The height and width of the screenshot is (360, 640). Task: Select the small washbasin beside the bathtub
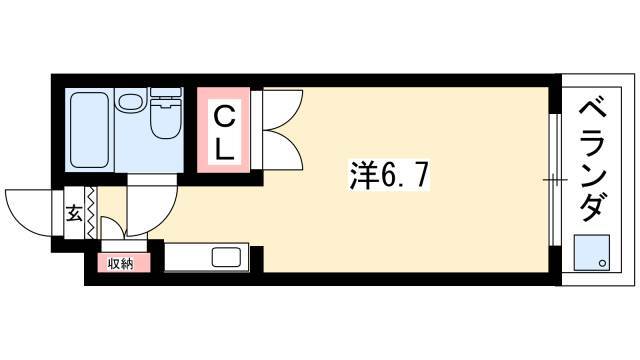(130, 101)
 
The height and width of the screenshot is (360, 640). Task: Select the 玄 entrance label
(75, 212)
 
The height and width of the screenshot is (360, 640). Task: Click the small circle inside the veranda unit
(602, 263)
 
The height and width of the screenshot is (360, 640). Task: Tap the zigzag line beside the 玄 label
(92, 213)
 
